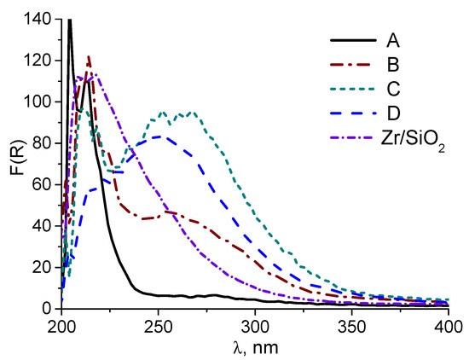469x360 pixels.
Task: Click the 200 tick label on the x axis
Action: tap(62, 325)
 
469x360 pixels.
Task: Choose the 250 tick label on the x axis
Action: tap(159, 325)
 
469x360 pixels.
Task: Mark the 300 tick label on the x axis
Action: tap(255, 325)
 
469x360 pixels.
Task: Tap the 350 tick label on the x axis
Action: tap(352, 325)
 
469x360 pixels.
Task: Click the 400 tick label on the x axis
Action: tap(448, 325)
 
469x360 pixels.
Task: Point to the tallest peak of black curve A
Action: tap(69, 20)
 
